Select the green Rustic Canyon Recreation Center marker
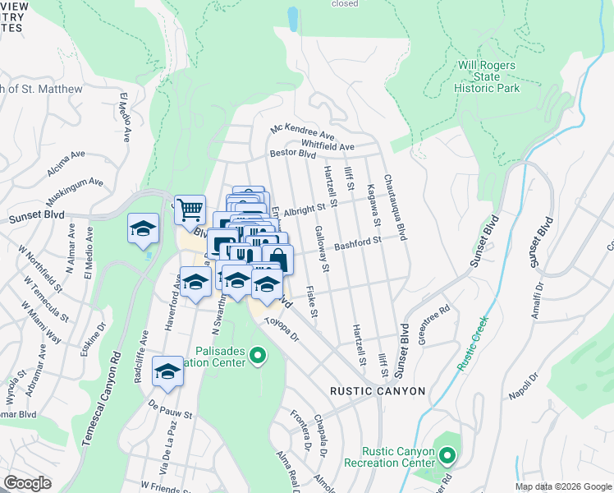click(447, 455)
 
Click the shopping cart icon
click(190, 210)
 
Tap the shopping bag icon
click(278, 259)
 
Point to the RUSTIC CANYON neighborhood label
click(377, 391)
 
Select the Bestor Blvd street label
click(292, 153)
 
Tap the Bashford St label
click(358, 242)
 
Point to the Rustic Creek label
click(474, 343)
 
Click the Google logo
click(27, 483)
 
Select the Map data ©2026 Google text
click(562, 486)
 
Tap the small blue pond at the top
click(293, 18)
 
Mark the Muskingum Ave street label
click(73, 190)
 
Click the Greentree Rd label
click(434, 325)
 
